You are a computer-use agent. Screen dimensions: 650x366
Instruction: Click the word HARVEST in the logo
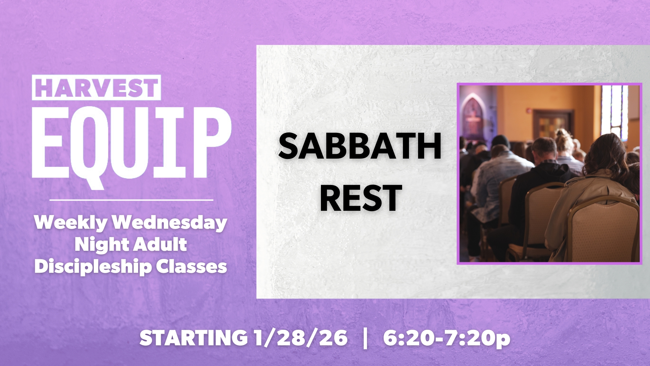pos(96,87)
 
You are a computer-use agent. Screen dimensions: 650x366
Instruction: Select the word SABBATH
pos(360,147)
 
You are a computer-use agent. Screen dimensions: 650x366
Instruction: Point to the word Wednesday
pos(170,223)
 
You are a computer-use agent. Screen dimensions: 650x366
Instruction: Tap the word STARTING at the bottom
pos(193,338)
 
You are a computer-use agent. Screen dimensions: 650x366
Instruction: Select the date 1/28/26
pos(300,338)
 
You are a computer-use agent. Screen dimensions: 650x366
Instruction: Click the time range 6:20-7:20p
pos(447,338)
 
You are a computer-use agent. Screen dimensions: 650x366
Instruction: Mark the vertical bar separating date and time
pos(365,338)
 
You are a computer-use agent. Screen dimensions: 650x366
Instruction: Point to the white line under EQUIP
pos(131,200)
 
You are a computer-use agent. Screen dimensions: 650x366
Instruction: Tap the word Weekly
pos(71,223)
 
